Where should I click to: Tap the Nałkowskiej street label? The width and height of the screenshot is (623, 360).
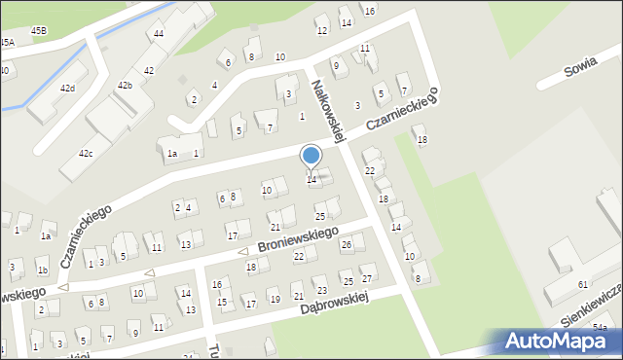[328, 111]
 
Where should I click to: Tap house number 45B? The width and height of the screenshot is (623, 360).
[39, 31]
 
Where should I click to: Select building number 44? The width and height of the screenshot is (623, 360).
[158, 34]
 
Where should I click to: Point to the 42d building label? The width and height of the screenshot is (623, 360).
[67, 89]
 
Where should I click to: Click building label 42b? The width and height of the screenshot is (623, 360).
[125, 86]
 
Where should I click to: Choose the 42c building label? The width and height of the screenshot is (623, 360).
[86, 154]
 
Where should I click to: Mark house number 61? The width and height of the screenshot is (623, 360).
[583, 284]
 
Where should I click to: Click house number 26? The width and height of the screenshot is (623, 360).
[346, 244]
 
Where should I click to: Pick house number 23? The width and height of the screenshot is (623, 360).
[321, 291]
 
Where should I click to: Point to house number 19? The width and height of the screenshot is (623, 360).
[275, 299]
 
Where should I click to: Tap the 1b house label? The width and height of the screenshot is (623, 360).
[42, 270]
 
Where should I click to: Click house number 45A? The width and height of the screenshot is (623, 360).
[7, 43]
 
